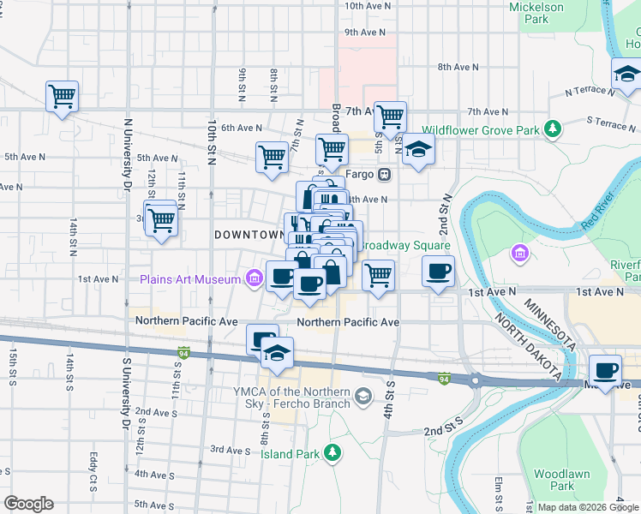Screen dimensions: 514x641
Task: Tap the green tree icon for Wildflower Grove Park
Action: tap(554, 129)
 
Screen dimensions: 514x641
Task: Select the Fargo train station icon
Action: tap(384, 174)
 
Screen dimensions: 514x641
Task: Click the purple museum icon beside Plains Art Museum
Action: tap(254, 278)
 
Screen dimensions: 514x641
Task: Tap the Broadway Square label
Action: tap(404, 245)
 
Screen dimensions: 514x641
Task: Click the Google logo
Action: tap(28, 504)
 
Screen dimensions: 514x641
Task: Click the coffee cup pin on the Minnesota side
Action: tap(606, 370)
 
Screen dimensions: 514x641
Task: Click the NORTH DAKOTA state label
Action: tap(526, 347)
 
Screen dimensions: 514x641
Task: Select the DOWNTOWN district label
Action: tap(249, 234)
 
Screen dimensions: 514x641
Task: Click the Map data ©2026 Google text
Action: tap(588, 507)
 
